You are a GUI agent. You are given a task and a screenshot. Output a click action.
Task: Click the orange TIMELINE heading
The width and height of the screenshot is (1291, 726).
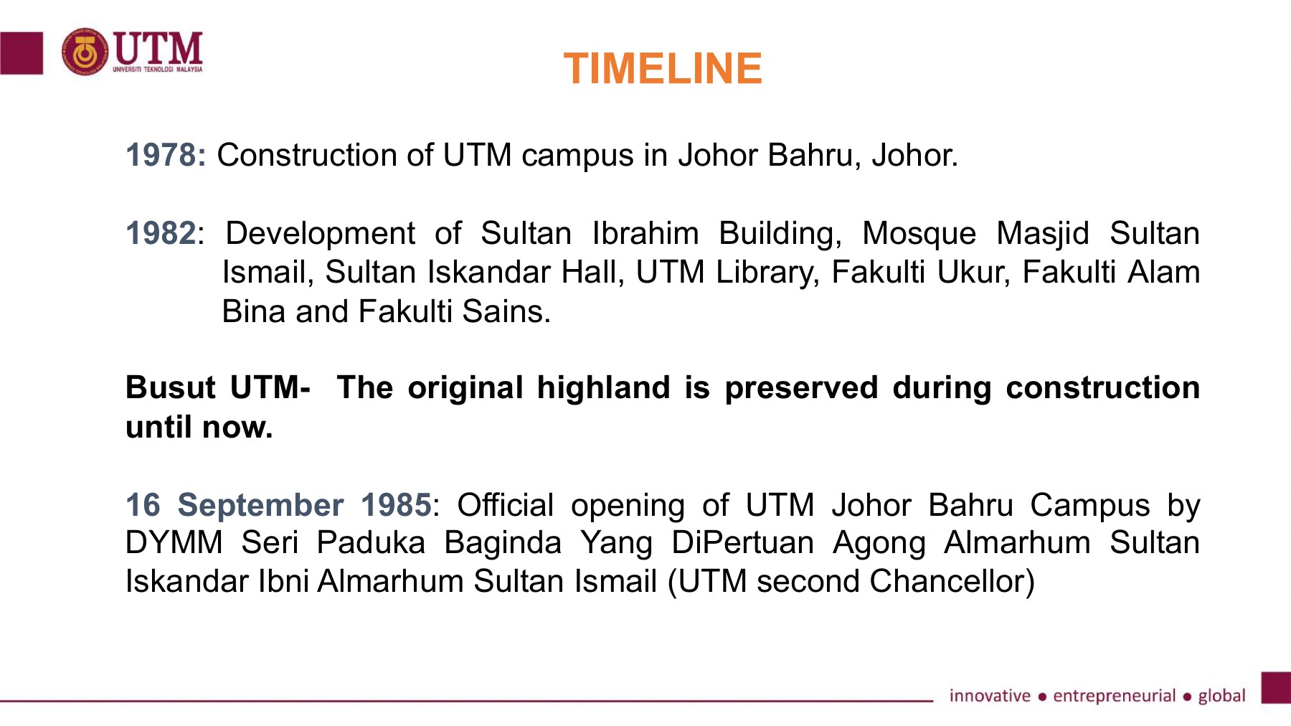coord(663,69)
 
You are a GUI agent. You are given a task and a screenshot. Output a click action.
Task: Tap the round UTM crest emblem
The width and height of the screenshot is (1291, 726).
coord(85,52)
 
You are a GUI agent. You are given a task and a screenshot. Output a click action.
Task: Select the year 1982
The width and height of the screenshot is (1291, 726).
coord(161,233)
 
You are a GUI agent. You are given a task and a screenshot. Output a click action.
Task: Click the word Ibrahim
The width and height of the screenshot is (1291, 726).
coord(645,233)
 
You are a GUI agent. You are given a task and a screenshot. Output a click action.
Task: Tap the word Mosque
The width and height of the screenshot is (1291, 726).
coord(919,233)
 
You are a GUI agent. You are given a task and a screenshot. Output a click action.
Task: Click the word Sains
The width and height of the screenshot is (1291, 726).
coord(506,311)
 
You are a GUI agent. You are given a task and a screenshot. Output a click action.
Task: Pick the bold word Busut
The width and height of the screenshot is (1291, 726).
coord(170,387)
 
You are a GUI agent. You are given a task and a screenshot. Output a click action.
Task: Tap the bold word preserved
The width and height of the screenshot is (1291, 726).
coord(801,387)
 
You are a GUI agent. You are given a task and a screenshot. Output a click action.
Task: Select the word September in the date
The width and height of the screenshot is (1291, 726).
coord(260,505)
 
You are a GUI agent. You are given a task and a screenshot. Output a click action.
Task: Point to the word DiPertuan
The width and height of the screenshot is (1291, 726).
coord(743,543)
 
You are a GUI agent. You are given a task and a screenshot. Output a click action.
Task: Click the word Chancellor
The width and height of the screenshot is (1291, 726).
coord(952,581)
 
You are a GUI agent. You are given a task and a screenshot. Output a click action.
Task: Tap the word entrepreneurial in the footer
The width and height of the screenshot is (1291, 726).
coord(1114,696)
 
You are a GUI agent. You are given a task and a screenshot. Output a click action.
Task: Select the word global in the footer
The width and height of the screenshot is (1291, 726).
coord(1221,696)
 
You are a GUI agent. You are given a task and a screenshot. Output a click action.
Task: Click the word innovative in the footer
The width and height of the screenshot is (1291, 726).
coord(990,696)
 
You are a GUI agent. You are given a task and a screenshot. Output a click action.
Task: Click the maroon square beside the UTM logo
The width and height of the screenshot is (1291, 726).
coord(21,53)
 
